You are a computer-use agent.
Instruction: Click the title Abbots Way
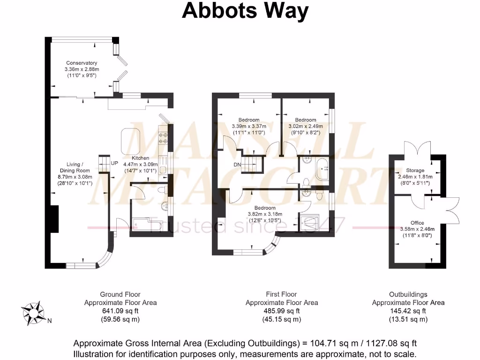click(x=245, y=10)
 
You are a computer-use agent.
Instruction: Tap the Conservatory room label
click(x=82, y=63)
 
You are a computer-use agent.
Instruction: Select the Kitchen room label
click(x=141, y=158)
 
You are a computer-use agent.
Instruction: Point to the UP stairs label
click(x=114, y=163)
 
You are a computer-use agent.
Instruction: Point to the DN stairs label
click(x=237, y=165)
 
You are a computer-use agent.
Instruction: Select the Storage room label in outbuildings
click(x=415, y=171)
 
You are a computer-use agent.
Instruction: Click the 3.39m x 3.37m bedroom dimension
click(x=249, y=126)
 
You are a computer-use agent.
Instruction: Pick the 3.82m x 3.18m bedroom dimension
click(x=265, y=214)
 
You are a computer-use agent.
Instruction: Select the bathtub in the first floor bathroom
click(x=323, y=169)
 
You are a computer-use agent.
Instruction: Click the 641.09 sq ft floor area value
click(x=120, y=311)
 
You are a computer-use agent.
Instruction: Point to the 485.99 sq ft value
click(x=282, y=311)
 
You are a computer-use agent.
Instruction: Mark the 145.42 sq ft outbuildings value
click(x=408, y=311)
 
